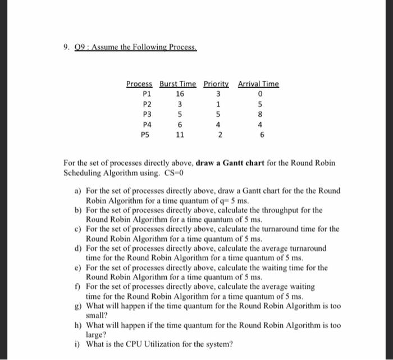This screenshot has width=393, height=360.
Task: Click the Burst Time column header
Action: (x=178, y=84)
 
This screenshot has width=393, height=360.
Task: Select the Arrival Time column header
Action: (x=258, y=84)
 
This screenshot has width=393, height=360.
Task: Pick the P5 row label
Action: (x=147, y=135)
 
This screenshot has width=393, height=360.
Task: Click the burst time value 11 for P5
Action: (x=179, y=135)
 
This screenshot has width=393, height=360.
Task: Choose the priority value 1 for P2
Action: (x=218, y=104)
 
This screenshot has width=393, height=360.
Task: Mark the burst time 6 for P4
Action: (x=179, y=125)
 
